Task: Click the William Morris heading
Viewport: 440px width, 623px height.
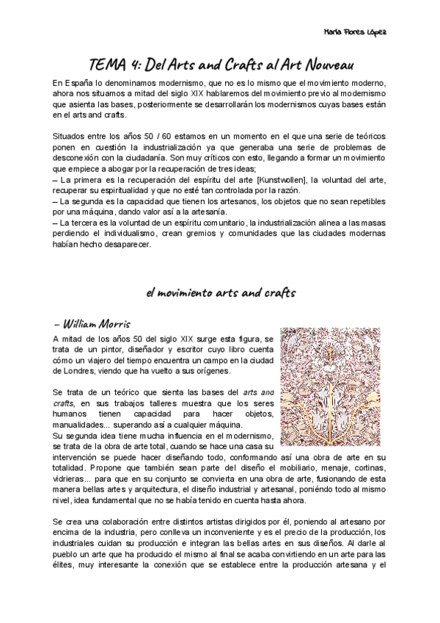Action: pos(92,323)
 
